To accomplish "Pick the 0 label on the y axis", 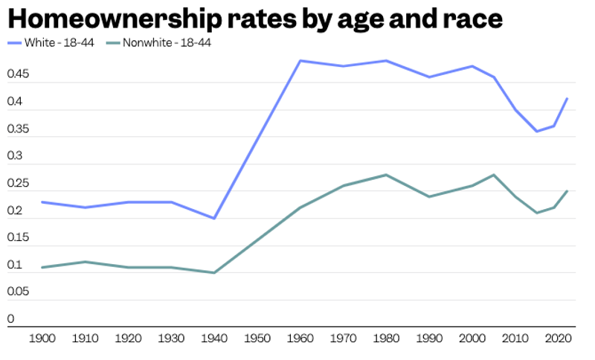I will click(x=10, y=319).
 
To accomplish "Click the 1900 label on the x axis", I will click(x=42, y=340).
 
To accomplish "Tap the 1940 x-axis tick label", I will click(x=214, y=340).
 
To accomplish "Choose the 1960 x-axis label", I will click(x=300, y=340).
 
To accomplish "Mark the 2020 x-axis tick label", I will click(x=558, y=340).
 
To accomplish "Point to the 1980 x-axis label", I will click(x=386, y=340).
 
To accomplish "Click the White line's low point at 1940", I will click(x=214, y=219).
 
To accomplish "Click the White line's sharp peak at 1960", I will click(x=300, y=60).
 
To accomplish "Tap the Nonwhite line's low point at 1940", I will click(x=214, y=273).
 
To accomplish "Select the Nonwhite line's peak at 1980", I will click(x=386, y=175).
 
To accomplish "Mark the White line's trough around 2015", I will click(x=537, y=132).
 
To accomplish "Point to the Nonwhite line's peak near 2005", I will click(x=494, y=175).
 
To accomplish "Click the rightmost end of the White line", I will click(x=567, y=98).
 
